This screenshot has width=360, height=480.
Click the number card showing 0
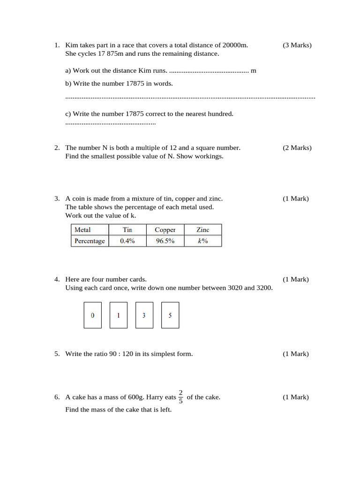click(x=92, y=315)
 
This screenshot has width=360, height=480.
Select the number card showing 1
click(x=118, y=315)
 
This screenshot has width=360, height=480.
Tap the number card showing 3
click(x=144, y=315)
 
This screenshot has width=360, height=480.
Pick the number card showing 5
click(x=170, y=315)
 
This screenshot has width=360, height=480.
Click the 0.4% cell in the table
click(x=127, y=241)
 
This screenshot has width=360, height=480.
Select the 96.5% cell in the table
click(x=165, y=241)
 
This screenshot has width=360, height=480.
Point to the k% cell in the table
click(x=202, y=241)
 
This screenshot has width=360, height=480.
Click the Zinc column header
click(x=202, y=230)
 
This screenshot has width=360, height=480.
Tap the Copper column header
click(x=165, y=230)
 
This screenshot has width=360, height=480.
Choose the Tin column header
click(x=127, y=230)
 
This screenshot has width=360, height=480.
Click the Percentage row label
click(x=90, y=241)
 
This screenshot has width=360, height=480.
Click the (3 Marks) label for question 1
click(x=297, y=45)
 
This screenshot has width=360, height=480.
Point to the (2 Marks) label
click(x=297, y=148)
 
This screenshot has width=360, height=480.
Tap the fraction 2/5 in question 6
click(x=181, y=397)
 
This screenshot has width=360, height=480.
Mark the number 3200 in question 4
click(x=264, y=288)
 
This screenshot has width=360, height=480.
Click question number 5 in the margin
click(x=56, y=354)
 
